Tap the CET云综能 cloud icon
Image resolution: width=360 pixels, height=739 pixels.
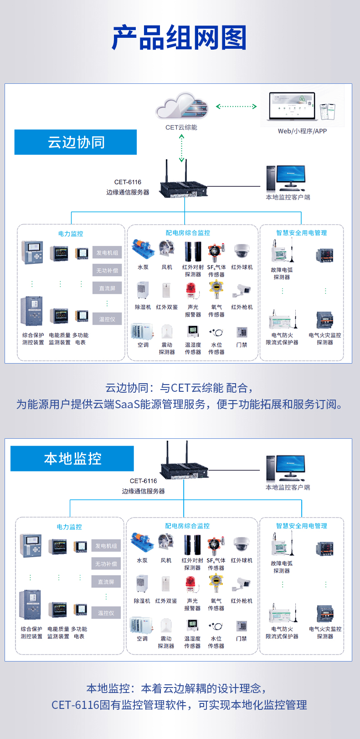pos(182,107)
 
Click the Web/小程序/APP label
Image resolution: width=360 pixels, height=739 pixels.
pos(302,131)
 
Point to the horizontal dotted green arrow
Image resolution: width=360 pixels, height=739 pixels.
pos(236,107)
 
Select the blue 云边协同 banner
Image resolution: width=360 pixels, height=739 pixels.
pos(76,142)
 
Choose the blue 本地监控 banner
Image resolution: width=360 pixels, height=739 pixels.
pos(72,458)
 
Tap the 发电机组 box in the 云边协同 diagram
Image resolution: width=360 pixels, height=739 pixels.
pos(107,253)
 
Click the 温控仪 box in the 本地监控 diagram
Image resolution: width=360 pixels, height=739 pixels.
pos(106,613)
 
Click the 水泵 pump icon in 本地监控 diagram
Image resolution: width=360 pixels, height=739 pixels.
pos(142,542)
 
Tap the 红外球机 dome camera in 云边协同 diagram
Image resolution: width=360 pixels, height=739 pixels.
pos(242,251)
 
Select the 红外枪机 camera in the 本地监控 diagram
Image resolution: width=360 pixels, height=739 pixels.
pos(241,584)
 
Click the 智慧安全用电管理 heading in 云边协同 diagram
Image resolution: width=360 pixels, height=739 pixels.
pos(301,233)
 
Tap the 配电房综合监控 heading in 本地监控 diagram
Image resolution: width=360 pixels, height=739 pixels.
pos(187,526)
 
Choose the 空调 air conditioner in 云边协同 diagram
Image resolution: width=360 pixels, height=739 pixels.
pos(143,332)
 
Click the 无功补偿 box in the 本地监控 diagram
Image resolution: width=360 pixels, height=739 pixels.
pos(106,564)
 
